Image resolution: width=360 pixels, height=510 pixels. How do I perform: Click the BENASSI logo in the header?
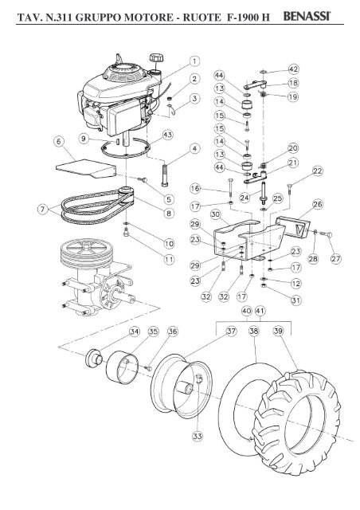pyautogui.click(x=307, y=16)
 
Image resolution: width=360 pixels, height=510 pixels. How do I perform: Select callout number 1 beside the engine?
pyautogui.click(x=194, y=61)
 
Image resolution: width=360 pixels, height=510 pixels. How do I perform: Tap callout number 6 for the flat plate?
pyautogui.click(x=59, y=142)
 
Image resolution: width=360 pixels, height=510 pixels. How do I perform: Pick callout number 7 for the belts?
pyautogui.click(x=42, y=209)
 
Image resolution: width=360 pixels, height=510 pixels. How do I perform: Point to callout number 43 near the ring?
pyautogui.click(x=168, y=135)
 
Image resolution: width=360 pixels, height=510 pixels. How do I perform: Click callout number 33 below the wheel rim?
pyautogui.click(x=198, y=436)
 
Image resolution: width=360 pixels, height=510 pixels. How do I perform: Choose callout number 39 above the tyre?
pyautogui.click(x=278, y=331)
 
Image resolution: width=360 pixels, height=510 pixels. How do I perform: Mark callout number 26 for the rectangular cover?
pyautogui.click(x=318, y=204)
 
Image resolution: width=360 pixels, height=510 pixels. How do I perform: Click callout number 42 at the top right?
pyautogui.click(x=293, y=69)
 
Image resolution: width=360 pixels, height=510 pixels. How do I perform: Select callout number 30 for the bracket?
pyautogui.click(x=215, y=214)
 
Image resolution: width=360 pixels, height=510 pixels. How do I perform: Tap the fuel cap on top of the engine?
pyautogui.click(x=155, y=59)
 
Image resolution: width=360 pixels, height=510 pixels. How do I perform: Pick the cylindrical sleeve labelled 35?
pyautogui.click(x=123, y=367)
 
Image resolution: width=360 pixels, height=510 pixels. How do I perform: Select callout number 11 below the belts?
pyautogui.click(x=169, y=259)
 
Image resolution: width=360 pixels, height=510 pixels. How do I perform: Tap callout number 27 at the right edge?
pyautogui.click(x=335, y=258)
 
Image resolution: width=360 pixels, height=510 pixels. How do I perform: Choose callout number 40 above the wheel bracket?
pyautogui.click(x=246, y=311)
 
